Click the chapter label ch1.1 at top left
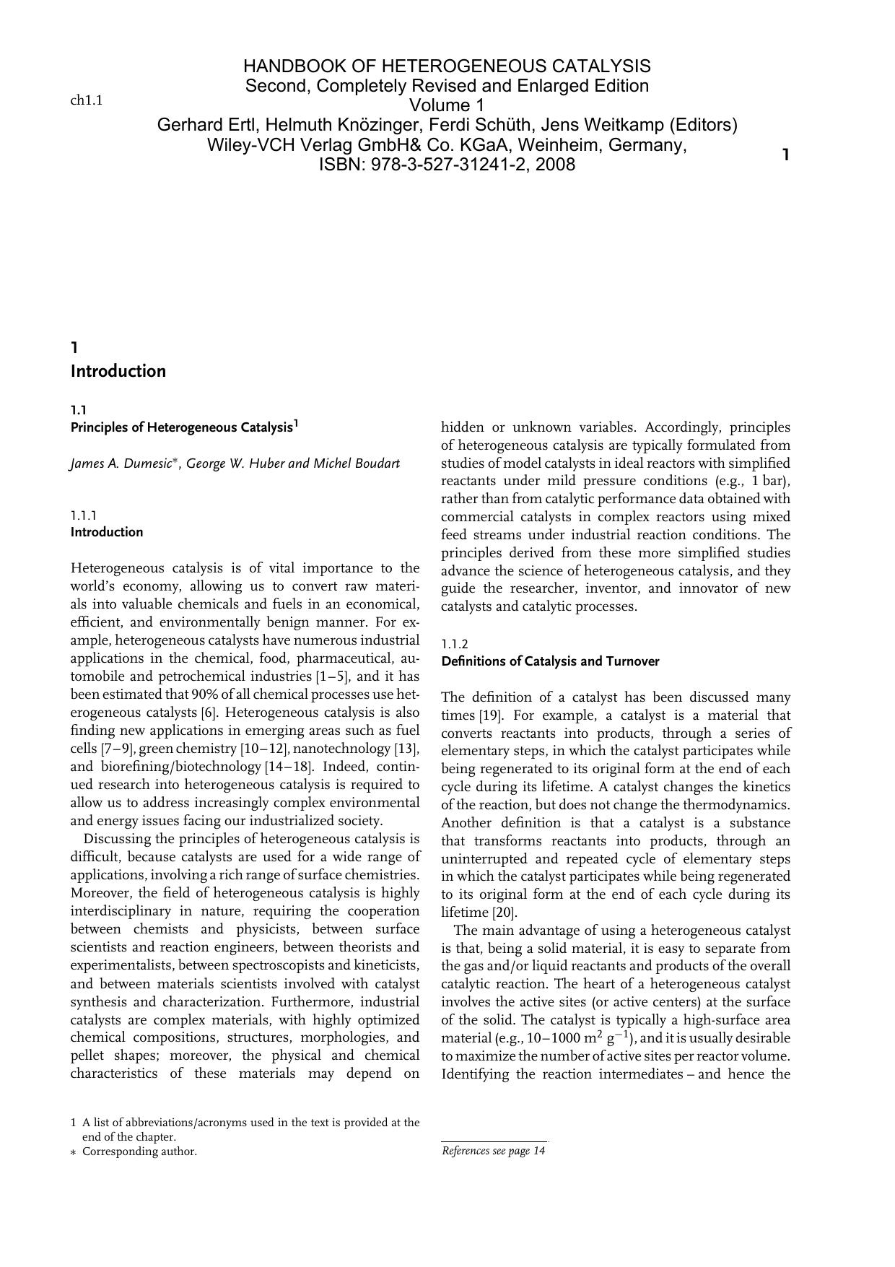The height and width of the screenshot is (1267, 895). click(86, 100)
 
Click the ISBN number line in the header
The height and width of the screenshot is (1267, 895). click(447, 165)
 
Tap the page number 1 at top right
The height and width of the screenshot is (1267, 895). click(785, 154)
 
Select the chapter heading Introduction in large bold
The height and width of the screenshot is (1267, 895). click(118, 371)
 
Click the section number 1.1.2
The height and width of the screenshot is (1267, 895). click(455, 644)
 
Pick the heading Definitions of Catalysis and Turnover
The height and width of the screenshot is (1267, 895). click(549, 661)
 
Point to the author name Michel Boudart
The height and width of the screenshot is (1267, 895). click(356, 463)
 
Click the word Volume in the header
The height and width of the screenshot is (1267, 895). click(437, 105)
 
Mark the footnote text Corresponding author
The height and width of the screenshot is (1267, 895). click(139, 1151)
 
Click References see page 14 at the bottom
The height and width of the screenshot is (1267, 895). click(493, 1151)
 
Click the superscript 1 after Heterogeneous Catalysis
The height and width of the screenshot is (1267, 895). click(296, 424)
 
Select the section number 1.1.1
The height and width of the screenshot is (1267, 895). click(84, 515)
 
